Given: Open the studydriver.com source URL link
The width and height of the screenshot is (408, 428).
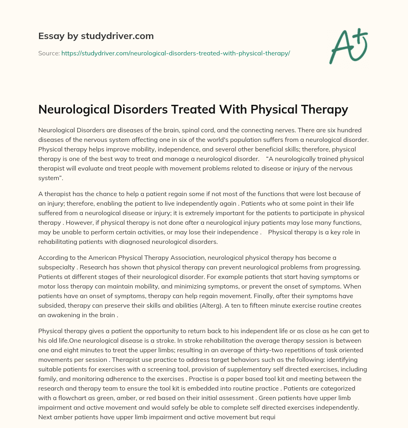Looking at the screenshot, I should coord(175,53).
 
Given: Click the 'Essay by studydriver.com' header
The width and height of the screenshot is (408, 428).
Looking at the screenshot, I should coord(96,36).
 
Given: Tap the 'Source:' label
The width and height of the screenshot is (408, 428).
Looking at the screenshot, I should coord(49,53).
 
